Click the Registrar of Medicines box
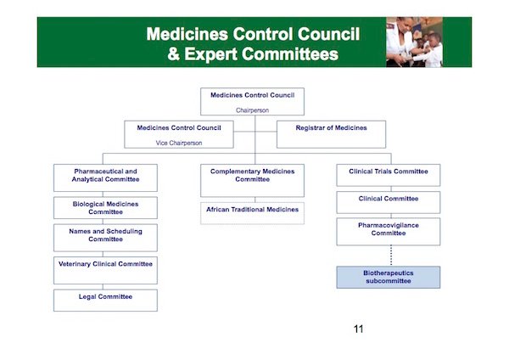pyautogui.click(x=331, y=134)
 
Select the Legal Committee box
pyautogui.click(x=105, y=301)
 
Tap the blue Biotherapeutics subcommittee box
pyautogui.click(x=389, y=277)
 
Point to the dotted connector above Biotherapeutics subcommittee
pyautogui.click(x=391, y=256)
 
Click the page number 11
pyautogui.click(x=358, y=329)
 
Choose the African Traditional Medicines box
pyautogui.click(x=252, y=213)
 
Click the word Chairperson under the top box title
pyautogui.click(x=252, y=110)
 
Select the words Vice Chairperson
pyautogui.click(x=179, y=143)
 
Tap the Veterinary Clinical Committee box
pyautogui.click(x=105, y=270)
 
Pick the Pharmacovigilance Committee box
pyautogui.click(x=389, y=231)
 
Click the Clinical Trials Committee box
pyautogui.click(x=389, y=175)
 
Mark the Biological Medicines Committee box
pyautogui.click(x=105, y=208)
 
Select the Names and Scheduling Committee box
pyautogui.click(x=105, y=238)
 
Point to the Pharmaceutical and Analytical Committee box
pyautogui.click(x=105, y=177)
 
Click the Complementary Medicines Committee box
pyautogui.click(x=252, y=180)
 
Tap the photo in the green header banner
pyautogui.click(x=414, y=42)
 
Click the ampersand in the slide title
pyautogui.click(x=174, y=54)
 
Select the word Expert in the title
pyautogui.click(x=211, y=54)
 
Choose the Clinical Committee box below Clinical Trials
pyautogui.click(x=389, y=202)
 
